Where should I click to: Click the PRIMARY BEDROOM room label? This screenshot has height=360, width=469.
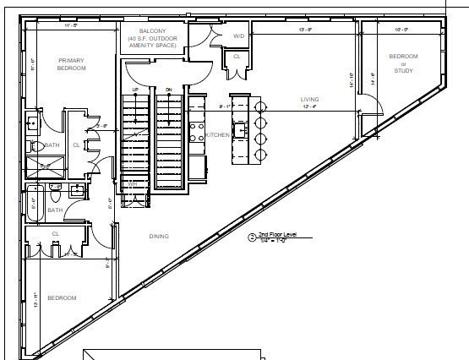coord(72,64)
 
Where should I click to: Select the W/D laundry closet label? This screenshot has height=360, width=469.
coord(238,36)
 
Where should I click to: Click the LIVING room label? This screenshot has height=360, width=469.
coord(309,100)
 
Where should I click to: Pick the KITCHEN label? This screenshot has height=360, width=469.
coord(218,134)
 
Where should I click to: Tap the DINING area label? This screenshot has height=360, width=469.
coord(158,236)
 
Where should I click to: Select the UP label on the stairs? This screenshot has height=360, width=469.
coord(135,90)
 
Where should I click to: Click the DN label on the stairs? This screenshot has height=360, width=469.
coord(168,90)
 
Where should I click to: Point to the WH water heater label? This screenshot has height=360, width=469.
coord(133,183)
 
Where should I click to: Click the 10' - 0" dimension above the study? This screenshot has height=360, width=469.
coord(401,30)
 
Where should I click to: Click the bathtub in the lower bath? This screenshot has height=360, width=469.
coord(35,206)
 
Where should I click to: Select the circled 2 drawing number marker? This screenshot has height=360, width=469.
coord(251,237)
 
